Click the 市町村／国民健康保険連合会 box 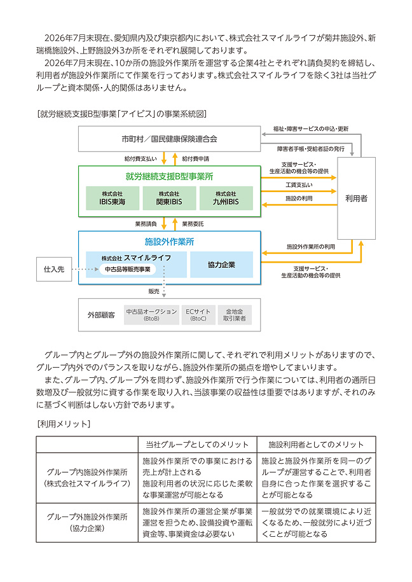click(x=169, y=139)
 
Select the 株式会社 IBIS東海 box click(x=113, y=198)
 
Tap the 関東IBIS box click(x=169, y=198)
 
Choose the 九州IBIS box click(x=226, y=198)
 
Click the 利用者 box click(x=356, y=198)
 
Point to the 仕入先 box click(x=54, y=269)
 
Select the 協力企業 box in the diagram click(x=222, y=265)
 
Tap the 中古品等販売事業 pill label click(x=128, y=270)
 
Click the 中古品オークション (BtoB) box click(x=151, y=315)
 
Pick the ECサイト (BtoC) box click(x=198, y=315)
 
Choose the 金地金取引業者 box click(x=235, y=315)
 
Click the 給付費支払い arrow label click(x=141, y=159)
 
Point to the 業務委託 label click(x=193, y=224)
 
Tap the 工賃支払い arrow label click(x=299, y=185)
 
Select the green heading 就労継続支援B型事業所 click(x=169, y=176)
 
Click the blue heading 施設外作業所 click(x=169, y=242)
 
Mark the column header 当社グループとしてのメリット click(x=197, y=445)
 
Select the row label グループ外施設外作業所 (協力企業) click(x=87, y=522)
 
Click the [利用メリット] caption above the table click(x=64, y=424)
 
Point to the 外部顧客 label click(x=101, y=315)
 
